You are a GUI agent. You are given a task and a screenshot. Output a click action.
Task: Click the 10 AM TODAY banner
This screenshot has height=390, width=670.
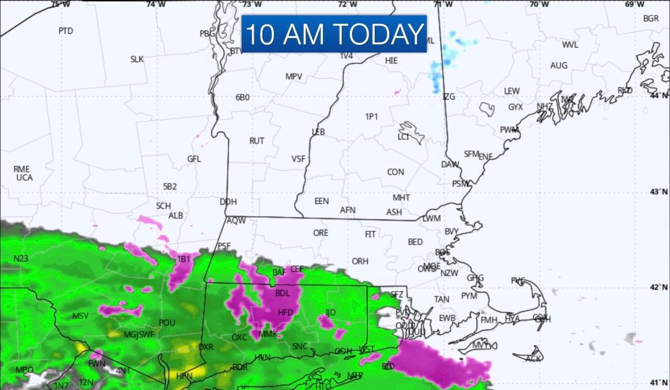click(334, 34)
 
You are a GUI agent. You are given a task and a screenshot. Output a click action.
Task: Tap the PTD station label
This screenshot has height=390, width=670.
click(65, 31)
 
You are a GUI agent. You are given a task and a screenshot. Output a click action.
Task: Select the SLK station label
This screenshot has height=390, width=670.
click(137, 59)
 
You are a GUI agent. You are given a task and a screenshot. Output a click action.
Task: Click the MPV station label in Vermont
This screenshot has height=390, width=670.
click(294, 77)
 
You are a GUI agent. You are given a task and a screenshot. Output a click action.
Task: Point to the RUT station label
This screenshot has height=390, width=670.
click(256, 141)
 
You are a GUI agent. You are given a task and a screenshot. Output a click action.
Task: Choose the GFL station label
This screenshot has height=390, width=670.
click(194, 159)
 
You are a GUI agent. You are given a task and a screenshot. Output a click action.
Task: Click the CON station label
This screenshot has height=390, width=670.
click(395, 172)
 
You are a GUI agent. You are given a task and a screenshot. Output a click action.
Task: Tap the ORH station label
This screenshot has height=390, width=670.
click(360, 261)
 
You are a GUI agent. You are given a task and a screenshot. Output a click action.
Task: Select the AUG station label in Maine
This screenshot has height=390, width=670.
click(558, 65)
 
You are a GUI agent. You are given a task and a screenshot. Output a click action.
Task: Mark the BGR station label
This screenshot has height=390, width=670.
click(651, 18)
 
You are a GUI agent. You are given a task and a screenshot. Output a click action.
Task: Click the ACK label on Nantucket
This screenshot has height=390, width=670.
click(533, 359)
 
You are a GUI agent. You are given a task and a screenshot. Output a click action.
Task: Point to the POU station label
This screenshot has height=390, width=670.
click(167, 323)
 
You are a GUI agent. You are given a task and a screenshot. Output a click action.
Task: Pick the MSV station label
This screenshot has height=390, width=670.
click(80, 316)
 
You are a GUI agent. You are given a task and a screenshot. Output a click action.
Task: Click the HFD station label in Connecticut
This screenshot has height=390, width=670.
click(285, 312)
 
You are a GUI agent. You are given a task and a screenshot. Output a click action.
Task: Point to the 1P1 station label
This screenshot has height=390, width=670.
click(372, 117)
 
